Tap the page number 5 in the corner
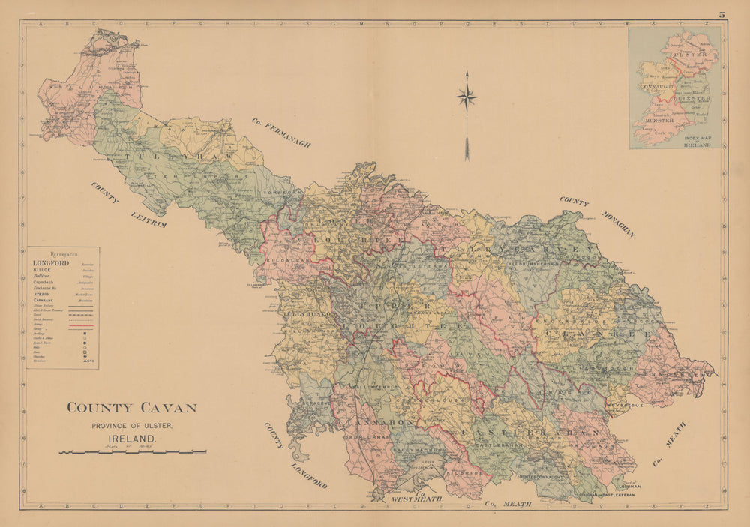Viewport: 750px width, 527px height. pos(721,13)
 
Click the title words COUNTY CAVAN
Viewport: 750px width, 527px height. pos(132,408)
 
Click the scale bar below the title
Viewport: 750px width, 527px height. pos(132,452)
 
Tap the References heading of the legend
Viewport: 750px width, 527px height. pos(63,254)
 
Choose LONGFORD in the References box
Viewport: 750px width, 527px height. pos(51,263)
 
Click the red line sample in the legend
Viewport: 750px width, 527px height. pos(81,326)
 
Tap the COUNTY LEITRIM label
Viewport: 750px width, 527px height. pos(127,205)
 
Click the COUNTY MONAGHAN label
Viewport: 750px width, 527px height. pos(597,217)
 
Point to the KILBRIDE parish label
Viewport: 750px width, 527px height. pos(462,473)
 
